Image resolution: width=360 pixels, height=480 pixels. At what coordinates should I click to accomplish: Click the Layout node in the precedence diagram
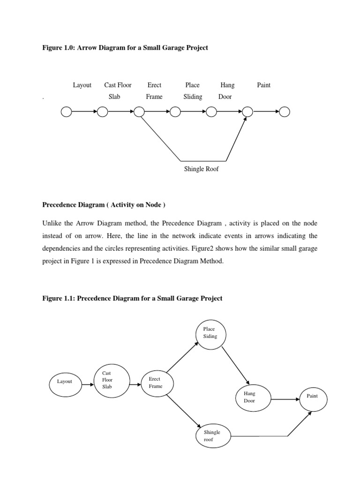pos(65,382)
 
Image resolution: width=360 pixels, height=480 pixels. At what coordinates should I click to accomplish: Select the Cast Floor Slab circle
pos(110,381)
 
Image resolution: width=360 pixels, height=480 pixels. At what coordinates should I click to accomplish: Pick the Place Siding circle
pos(210,333)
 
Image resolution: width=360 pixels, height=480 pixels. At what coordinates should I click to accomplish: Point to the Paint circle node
pos(313,397)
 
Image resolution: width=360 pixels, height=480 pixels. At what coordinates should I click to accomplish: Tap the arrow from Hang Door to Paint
pos(285,399)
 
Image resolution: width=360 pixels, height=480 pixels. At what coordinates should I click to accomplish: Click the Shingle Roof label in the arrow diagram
pos(201,169)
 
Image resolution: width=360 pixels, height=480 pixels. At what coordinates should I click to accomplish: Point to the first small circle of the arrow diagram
pos(66,112)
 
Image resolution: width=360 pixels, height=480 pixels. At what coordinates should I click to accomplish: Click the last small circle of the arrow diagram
pos(285,112)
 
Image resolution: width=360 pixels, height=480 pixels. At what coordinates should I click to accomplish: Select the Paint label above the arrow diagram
pos(264,85)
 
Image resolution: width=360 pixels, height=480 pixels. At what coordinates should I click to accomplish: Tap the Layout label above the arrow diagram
pos(82,85)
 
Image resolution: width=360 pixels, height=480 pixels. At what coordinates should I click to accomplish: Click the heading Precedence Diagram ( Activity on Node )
pos(104,205)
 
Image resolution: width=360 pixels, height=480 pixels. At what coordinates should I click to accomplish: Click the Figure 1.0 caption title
pos(125,48)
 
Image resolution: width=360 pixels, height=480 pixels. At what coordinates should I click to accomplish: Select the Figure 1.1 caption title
pos(132,299)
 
